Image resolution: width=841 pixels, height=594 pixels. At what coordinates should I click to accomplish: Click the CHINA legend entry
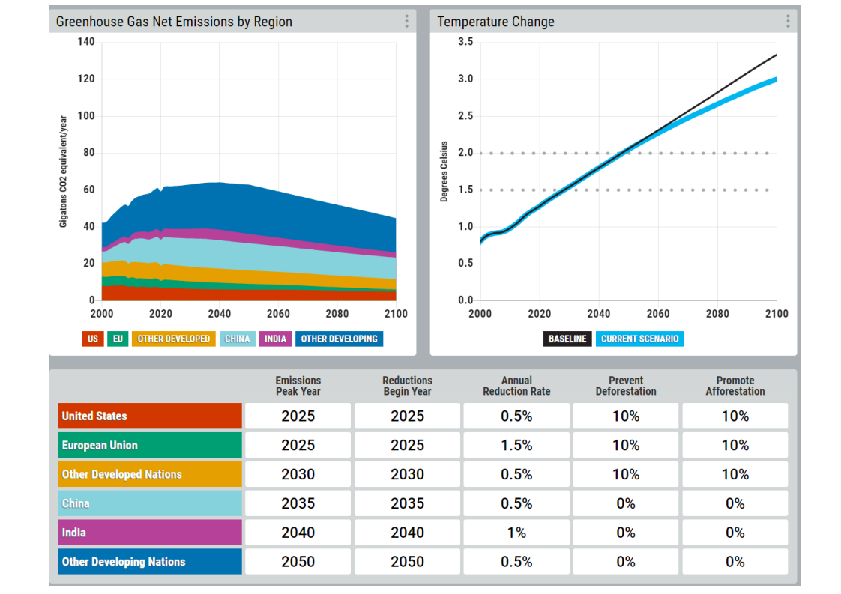coord(237,339)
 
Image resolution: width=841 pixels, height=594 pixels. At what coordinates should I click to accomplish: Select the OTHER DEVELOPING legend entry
coord(339,339)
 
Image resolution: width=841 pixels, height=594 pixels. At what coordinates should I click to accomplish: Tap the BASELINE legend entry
coord(567,339)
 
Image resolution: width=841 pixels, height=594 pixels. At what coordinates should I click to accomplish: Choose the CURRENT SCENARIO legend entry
coord(640,339)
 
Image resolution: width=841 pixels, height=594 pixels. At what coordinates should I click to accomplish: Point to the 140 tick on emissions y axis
coord(85,42)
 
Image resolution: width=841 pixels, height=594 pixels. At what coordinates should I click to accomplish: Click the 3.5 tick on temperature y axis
coord(465,42)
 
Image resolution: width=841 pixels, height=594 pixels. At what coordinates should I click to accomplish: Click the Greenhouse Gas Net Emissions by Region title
coord(175,22)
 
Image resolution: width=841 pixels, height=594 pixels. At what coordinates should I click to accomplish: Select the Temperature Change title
coord(495,22)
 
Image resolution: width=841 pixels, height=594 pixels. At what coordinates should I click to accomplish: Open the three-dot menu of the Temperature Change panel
coord(788,22)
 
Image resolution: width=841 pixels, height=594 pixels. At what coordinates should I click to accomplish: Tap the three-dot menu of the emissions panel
coord(406,22)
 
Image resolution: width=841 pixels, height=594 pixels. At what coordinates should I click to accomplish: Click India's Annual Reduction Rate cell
coord(516,533)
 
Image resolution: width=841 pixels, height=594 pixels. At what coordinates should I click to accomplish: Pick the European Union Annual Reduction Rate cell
coord(516,445)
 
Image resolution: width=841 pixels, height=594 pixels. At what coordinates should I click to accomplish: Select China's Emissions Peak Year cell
coord(298,503)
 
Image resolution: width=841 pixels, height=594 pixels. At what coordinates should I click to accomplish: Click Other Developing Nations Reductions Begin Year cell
coord(407,561)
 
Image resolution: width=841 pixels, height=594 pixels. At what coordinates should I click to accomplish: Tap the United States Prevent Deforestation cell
coord(626,416)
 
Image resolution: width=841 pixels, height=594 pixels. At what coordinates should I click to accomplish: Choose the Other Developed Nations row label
coord(150,474)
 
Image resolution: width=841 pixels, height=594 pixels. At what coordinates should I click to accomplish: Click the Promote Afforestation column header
coord(735,386)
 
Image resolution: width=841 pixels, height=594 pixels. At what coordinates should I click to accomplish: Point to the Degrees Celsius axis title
coord(444,172)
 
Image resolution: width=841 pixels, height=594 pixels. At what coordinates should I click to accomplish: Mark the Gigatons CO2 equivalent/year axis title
coord(63,172)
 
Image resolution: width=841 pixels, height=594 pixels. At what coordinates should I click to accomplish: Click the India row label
coord(150,533)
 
